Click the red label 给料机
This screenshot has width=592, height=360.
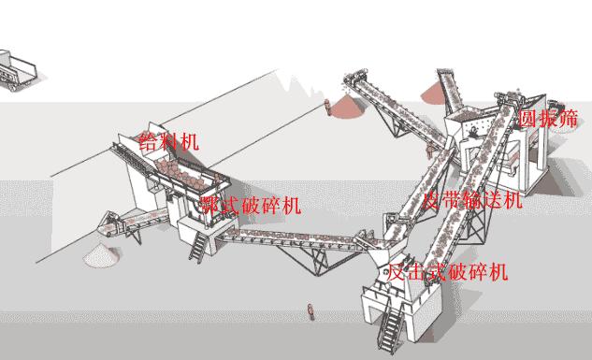click(x=168, y=141)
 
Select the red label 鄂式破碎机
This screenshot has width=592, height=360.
click(x=251, y=205)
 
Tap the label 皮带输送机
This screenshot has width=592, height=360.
click(x=472, y=199)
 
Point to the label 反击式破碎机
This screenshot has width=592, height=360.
click(x=448, y=272)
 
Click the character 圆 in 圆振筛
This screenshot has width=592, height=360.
click(x=527, y=119)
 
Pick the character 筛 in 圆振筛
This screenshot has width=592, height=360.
click(x=569, y=119)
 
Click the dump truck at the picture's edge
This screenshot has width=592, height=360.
click(x=17, y=70)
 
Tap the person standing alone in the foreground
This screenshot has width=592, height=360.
click(x=310, y=311)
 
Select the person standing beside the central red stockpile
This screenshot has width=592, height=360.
click(x=327, y=108)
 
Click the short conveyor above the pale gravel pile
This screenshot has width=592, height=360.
click(x=131, y=222)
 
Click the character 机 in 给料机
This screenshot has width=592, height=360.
click(x=190, y=141)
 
